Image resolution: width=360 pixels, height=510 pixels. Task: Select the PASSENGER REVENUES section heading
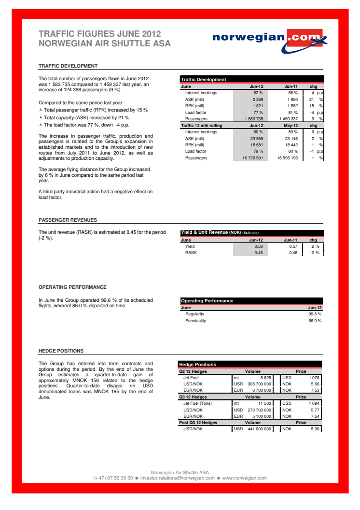click(x=68, y=220)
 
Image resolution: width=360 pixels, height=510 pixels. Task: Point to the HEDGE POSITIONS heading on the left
click(x=61, y=351)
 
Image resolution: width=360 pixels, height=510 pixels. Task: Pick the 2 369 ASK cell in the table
click(x=257, y=99)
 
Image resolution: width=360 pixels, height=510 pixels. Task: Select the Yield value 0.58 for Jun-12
click(x=258, y=246)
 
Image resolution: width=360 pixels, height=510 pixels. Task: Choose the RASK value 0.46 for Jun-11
click(x=293, y=253)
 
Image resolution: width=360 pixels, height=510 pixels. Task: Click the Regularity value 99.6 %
click(x=315, y=314)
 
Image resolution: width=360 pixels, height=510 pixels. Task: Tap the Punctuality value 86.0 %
click(x=315, y=321)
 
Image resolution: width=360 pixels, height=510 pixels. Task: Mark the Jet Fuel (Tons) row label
click(x=201, y=403)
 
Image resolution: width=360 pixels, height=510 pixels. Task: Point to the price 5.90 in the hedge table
click(x=316, y=429)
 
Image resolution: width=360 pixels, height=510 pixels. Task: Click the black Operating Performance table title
click(x=207, y=301)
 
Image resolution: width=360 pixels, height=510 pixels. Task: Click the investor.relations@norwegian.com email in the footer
click(x=177, y=478)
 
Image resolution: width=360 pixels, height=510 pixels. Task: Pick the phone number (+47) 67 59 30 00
click(x=113, y=478)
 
